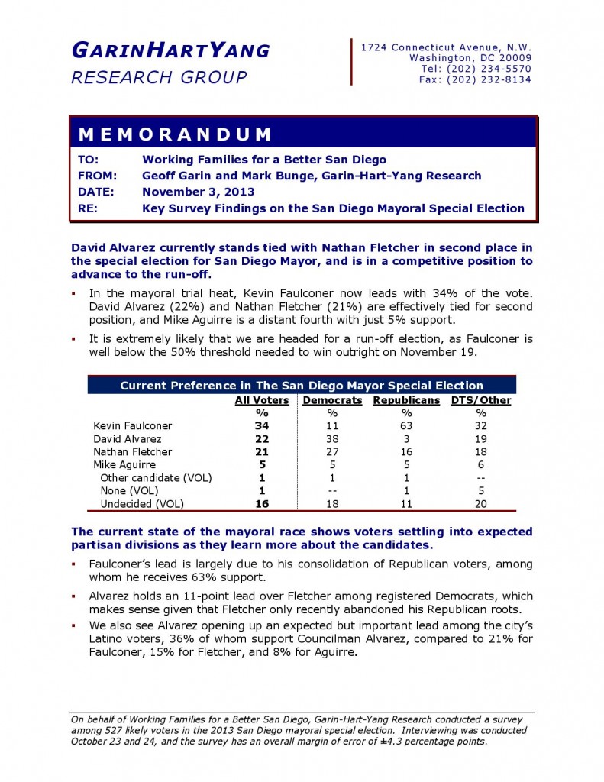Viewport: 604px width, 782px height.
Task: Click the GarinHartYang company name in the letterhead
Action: point(170,51)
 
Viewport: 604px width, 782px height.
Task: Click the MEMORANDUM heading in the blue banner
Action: point(175,135)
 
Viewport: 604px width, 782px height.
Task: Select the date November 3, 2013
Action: point(199,192)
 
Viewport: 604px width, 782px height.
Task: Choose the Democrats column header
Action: point(333,400)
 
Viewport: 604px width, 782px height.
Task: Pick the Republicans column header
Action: point(406,400)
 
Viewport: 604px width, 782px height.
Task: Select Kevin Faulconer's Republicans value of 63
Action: point(406,425)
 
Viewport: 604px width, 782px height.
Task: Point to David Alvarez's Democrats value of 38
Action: point(333,439)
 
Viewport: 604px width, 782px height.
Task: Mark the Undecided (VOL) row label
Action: point(143,504)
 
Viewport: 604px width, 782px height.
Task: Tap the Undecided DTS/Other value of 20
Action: point(481,504)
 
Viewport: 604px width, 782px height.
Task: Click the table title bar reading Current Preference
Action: point(302,386)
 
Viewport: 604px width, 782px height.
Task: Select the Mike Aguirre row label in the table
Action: point(124,465)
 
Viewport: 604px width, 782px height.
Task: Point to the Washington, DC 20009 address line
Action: point(470,58)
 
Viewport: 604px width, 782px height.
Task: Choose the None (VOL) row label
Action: point(130,491)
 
